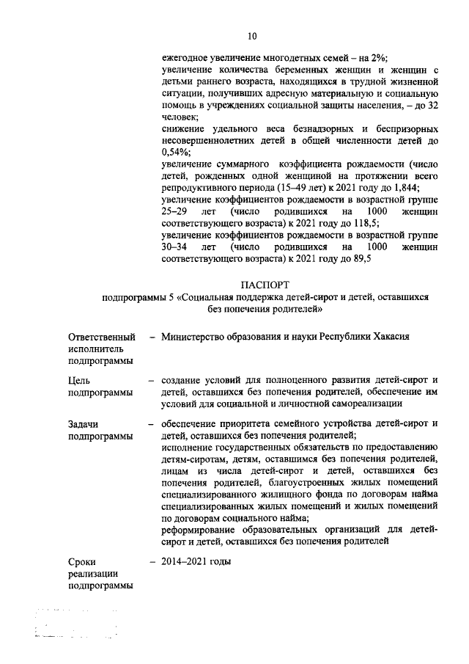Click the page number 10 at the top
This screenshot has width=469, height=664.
[252, 35]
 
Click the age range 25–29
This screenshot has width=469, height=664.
[175, 211]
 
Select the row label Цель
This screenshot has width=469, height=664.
[80, 380]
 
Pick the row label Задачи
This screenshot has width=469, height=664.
[84, 423]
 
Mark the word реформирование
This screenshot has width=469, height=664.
[205, 529]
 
